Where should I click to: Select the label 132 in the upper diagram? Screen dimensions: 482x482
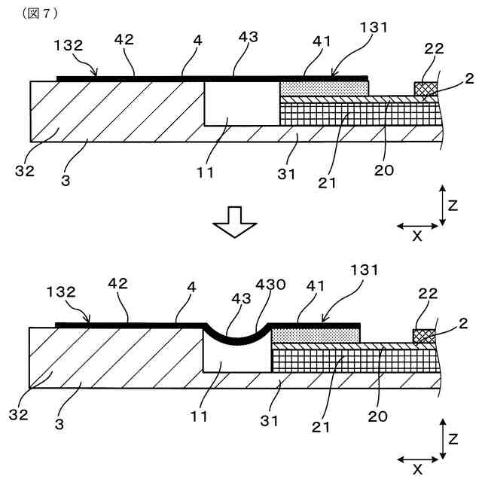(69, 45)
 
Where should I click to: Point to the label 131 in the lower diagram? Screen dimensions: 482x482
(365, 270)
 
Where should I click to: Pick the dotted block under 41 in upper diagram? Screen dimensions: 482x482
(324, 88)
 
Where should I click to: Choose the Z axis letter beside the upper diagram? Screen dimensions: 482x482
(453, 205)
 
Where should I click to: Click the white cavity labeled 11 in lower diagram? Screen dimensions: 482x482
(236, 359)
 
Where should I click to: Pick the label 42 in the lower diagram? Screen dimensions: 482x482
(117, 284)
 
